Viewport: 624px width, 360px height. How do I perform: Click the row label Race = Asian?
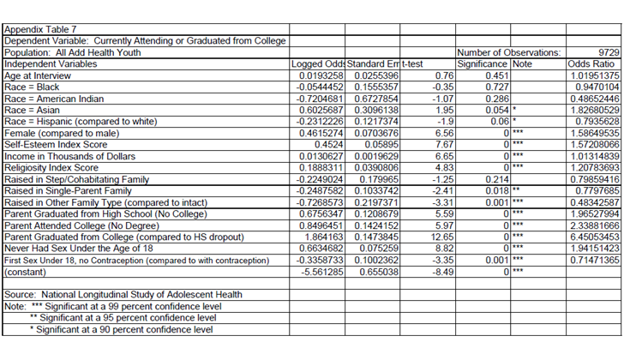(x=33, y=110)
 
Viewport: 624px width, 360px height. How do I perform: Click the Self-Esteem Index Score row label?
(x=58, y=144)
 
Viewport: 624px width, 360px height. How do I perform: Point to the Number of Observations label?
(x=509, y=52)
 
